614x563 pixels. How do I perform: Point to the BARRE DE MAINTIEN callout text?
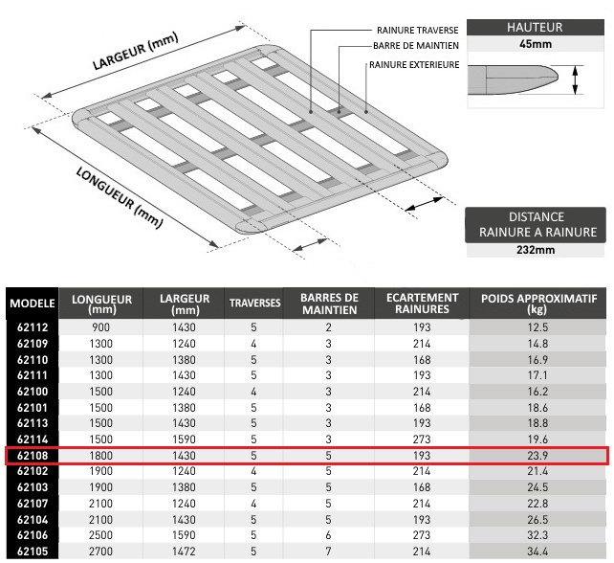coord(418,47)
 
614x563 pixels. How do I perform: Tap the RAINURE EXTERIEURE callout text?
coord(415,65)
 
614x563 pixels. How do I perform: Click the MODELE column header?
coord(31,304)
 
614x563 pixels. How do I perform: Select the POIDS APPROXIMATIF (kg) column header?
coord(538,304)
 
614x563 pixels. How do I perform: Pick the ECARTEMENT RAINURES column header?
coord(422,304)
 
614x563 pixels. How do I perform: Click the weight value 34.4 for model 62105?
coord(537,552)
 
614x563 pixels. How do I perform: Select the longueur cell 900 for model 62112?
coord(100,328)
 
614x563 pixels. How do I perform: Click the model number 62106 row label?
coord(32,536)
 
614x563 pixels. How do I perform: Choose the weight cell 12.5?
coord(537,328)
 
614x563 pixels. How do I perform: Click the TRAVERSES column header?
coord(254,304)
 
